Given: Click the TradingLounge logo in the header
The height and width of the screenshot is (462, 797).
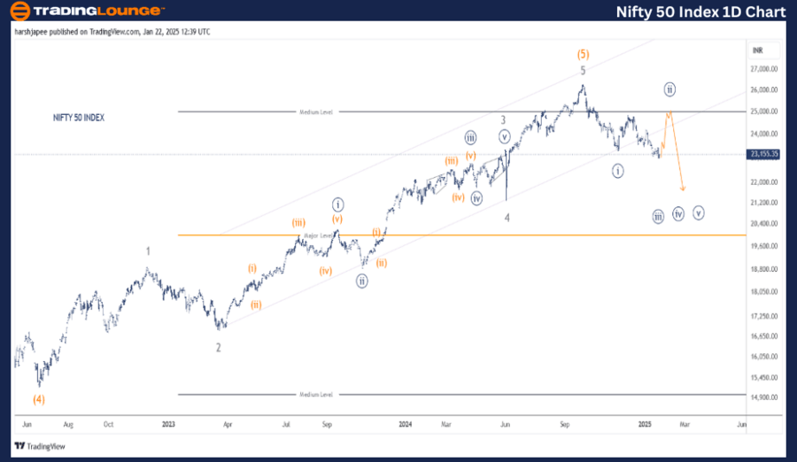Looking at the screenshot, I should coord(87,12).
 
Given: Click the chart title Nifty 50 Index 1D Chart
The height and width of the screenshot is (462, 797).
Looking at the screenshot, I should coord(700,12).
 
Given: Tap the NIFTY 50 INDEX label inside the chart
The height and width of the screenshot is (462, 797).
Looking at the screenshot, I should coord(79,117).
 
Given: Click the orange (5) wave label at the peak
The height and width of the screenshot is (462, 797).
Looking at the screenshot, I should coord(583,54).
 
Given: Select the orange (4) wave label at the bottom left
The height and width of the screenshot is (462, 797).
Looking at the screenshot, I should coord(39,399).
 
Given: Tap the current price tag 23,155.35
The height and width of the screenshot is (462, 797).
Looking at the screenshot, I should coord(763,154).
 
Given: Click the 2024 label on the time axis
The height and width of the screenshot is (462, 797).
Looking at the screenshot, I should coord(406,425).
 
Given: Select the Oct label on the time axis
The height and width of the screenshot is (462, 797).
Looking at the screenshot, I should coord(108,425).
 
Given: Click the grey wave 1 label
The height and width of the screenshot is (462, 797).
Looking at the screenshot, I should coord(149,250).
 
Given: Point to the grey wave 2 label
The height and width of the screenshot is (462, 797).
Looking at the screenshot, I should coord(218,348).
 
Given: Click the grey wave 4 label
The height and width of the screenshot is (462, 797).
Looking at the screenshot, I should coord(507,217).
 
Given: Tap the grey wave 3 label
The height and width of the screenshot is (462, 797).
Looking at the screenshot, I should coord(503,119).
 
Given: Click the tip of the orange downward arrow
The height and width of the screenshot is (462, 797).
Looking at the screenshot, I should coord(683,189).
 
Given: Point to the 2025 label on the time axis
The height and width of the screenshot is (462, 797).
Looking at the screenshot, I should coord(646,425).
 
